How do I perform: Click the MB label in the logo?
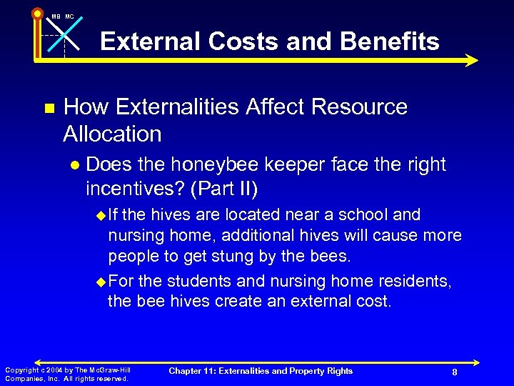[55, 16]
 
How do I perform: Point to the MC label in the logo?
[69, 16]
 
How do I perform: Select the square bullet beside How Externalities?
[49, 109]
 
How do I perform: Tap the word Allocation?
[112, 134]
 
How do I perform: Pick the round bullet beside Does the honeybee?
[74, 165]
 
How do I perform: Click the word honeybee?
[226, 164]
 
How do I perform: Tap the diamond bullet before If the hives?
[100, 215]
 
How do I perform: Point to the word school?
[368, 214]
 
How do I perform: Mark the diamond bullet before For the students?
[100, 282]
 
